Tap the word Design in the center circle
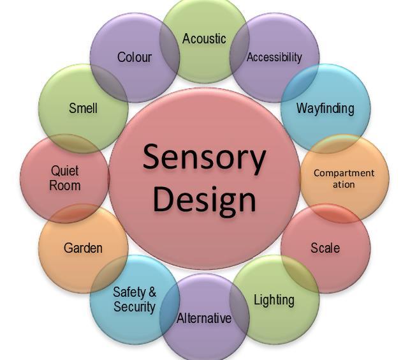point(204,199)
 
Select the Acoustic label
point(204,39)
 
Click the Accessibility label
point(274,57)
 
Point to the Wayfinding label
point(325,108)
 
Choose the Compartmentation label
point(344,178)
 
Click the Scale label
point(325,248)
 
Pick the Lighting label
point(274,299)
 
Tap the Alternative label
point(204,318)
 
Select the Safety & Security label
point(135,299)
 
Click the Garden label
point(83,248)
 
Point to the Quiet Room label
point(65,178)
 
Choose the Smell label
point(83,108)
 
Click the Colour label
point(135,57)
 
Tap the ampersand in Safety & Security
point(152,292)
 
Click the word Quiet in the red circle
point(65,171)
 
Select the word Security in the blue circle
point(135,307)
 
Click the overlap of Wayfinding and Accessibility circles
point(302,80)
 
